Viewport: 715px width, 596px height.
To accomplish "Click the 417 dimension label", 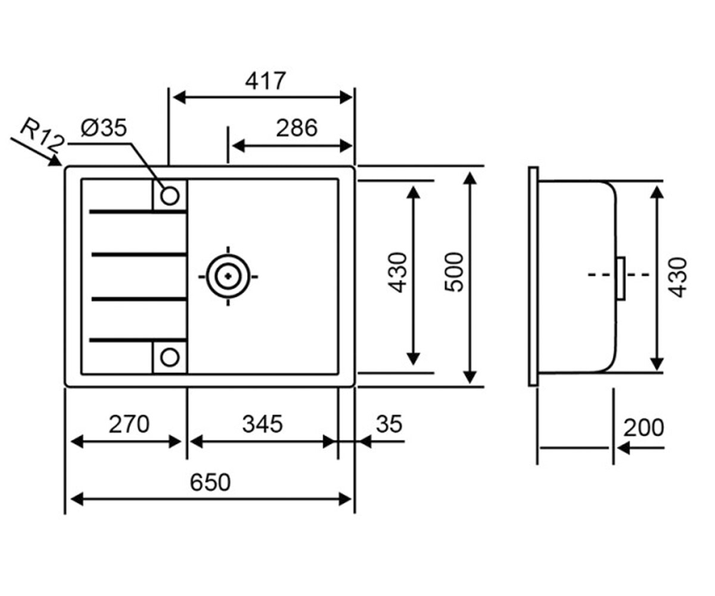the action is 265,81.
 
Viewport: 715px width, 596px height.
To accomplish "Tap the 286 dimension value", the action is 297,128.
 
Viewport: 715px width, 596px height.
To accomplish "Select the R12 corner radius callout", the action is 42,135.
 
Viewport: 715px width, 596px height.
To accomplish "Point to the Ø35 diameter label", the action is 104,128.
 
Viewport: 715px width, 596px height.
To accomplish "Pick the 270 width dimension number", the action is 129,424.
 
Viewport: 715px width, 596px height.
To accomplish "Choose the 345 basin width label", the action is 262,424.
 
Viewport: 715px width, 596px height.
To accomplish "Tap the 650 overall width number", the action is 210,482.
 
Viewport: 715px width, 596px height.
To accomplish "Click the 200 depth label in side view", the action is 643,427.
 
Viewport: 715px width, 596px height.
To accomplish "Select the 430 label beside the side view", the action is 678,278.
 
